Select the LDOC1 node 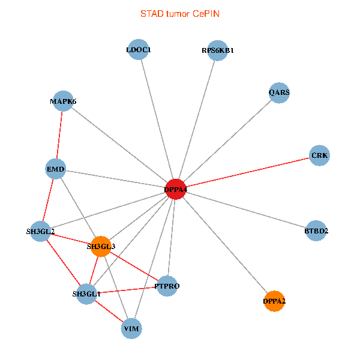click(139, 50)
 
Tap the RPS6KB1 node click(217, 50)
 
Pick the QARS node click(279, 92)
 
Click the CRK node click(319, 155)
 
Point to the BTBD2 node click(316, 230)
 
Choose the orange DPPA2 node click(274, 301)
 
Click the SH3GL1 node click(86, 293)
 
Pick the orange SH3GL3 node click(101, 246)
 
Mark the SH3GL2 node click(40, 231)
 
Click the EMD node click(55, 169)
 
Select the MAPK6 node click(63, 101)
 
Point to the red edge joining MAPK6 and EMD click(59, 134)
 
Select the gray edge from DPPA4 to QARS click(227, 141)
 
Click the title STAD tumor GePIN click(179, 13)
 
